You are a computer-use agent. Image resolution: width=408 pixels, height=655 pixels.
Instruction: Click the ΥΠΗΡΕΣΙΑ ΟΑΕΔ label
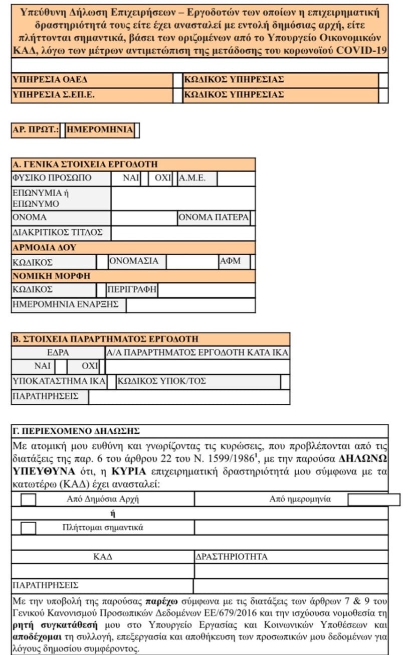[x=45, y=80]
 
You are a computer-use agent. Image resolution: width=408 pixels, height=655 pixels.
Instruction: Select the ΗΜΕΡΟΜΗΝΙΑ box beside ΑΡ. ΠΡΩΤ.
[x=100, y=130]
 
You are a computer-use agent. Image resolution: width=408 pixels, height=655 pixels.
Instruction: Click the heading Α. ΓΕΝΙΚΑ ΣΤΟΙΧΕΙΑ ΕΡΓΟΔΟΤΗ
[x=85, y=165]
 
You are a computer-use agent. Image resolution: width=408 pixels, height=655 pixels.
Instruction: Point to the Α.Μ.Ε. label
[x=192, y=179]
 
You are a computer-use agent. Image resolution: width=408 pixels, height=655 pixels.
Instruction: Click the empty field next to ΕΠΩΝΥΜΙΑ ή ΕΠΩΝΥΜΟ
[x=183, y=199]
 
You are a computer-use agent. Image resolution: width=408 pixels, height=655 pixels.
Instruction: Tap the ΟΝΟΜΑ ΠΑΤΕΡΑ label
[x=214, y=218]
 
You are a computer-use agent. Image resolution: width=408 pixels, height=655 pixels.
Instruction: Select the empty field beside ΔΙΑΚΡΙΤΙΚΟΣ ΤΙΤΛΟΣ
[x=183, y=233]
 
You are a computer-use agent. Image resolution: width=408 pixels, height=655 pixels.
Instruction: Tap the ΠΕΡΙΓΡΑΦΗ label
[x=132, y=290]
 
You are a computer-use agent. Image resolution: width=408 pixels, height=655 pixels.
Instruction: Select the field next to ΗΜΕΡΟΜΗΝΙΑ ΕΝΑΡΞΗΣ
[x=190, y=305]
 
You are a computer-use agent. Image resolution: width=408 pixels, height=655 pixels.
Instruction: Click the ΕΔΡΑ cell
[x=58, y=353]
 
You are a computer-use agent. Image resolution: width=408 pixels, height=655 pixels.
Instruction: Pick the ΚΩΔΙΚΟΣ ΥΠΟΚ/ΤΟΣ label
[x=161, y=381]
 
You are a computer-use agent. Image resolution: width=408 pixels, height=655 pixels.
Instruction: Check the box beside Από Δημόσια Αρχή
[x=29, y=500]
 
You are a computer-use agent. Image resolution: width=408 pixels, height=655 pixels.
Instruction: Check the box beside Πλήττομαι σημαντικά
[x=29, y=528]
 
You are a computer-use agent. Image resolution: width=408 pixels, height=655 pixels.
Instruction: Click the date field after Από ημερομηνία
[x=373, y=500]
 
